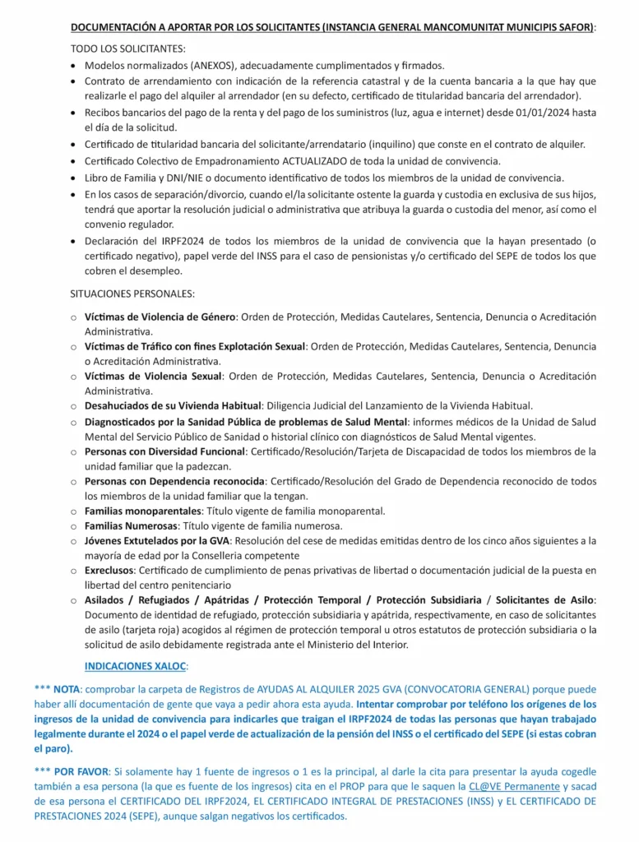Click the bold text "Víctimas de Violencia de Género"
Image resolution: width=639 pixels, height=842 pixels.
160,317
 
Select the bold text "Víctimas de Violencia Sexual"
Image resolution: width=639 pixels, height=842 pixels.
153,376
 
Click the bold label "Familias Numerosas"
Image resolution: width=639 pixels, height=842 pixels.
131,525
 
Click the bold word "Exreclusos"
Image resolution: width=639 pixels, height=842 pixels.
110,570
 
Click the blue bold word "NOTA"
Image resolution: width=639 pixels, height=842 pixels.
67,689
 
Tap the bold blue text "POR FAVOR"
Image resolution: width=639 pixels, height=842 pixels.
86,772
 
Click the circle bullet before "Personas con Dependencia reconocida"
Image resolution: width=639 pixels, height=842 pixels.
74,481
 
